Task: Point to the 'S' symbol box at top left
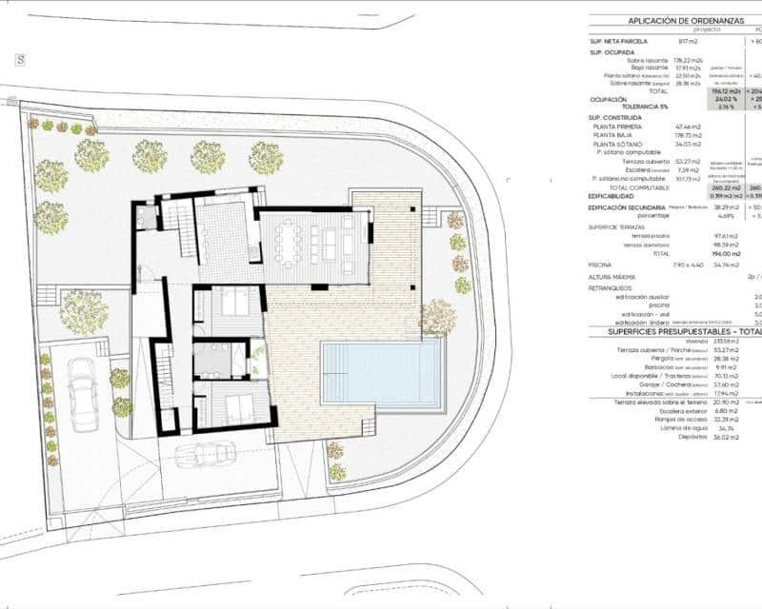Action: click(19, 59)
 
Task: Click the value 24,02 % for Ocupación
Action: click(726, 98)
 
